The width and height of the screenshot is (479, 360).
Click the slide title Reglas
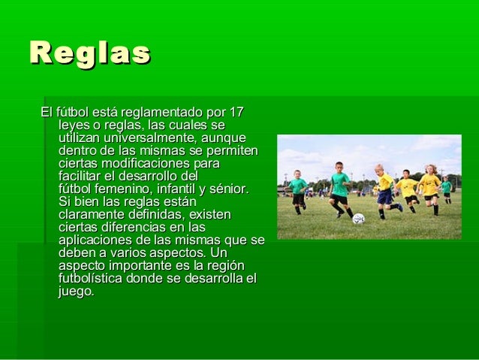click(90, 53)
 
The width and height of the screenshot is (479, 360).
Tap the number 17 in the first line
click(236, 112)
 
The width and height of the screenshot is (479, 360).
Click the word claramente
click(91, 214)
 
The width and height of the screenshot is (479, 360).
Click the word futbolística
click(90, 278)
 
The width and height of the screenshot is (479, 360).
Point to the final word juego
click(77, 292)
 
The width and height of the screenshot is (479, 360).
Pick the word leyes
click(74, 126)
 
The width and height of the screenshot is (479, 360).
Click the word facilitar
click(80, 176)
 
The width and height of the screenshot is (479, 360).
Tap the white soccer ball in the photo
click(358, 219)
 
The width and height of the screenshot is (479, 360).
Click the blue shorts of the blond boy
click(384, 196)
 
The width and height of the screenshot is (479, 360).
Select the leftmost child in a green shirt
click(298, 192)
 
